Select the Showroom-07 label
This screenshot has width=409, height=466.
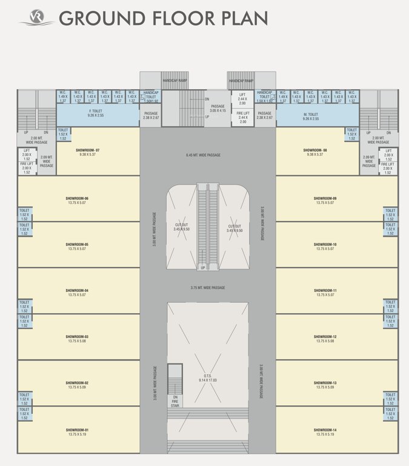pos(88,149)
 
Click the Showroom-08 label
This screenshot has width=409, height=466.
pos(316,149)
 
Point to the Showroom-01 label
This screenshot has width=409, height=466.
pos(78,430)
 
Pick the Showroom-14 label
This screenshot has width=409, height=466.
pos(325,430)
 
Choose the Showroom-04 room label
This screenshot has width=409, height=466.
pos(78,291)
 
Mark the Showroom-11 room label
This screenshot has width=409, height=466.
pos(325,291)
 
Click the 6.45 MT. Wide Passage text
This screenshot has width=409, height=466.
pos(203,155)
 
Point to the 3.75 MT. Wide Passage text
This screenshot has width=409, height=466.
pos(207,288)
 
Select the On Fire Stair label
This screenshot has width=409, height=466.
pos(175,383)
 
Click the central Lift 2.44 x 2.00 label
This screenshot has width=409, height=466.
pos(242,98)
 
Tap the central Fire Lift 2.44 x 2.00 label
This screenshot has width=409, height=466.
pos(242,117)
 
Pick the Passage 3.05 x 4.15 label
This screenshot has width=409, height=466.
pos(218,108)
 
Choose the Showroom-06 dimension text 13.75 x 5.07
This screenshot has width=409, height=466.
pos(78,203)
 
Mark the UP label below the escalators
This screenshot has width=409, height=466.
pos(203,268)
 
